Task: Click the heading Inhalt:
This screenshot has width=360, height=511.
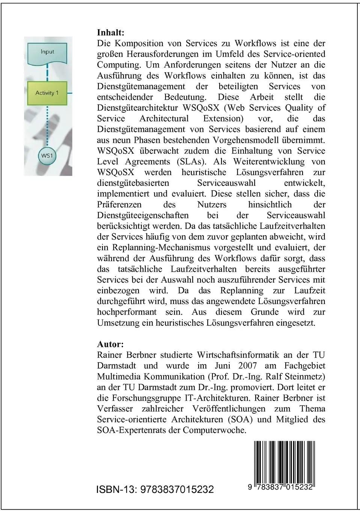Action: pos(110,33)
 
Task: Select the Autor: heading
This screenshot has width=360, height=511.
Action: pos(110,344)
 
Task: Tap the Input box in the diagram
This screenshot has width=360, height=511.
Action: pos(47,52)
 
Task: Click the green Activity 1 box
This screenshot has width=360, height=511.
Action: pos(47,93)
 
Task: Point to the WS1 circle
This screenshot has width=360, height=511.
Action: pos(47,155)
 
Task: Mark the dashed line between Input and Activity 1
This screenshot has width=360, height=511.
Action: pos(47,72)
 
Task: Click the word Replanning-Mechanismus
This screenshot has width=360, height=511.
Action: pos(162,248)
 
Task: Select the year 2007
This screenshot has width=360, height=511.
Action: pos(247,366)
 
